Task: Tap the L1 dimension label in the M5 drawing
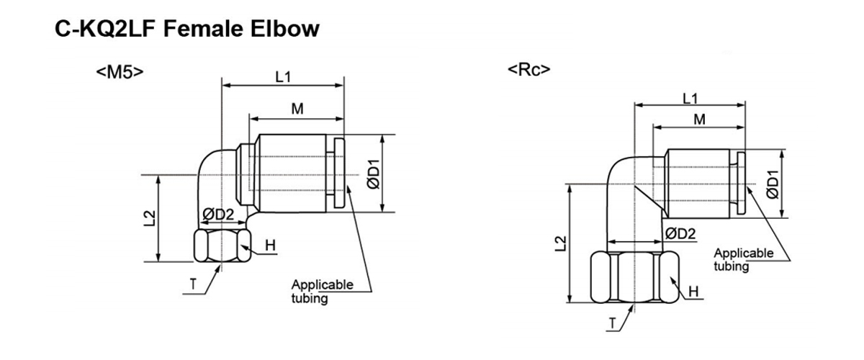[284, 77]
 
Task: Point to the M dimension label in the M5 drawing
[297, 109]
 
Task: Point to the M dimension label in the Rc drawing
[699, 120]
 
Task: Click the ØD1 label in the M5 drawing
[373, 174]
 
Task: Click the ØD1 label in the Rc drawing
[773, 184]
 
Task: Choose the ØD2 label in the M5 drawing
[217, 215]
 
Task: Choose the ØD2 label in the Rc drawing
[680, 233]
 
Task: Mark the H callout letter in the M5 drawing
[270, 246]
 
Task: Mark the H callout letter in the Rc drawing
[693, 291]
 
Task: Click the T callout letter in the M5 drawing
[193, 284]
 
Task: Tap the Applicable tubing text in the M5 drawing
[322, 291]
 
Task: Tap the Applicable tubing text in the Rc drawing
[743, 259]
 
